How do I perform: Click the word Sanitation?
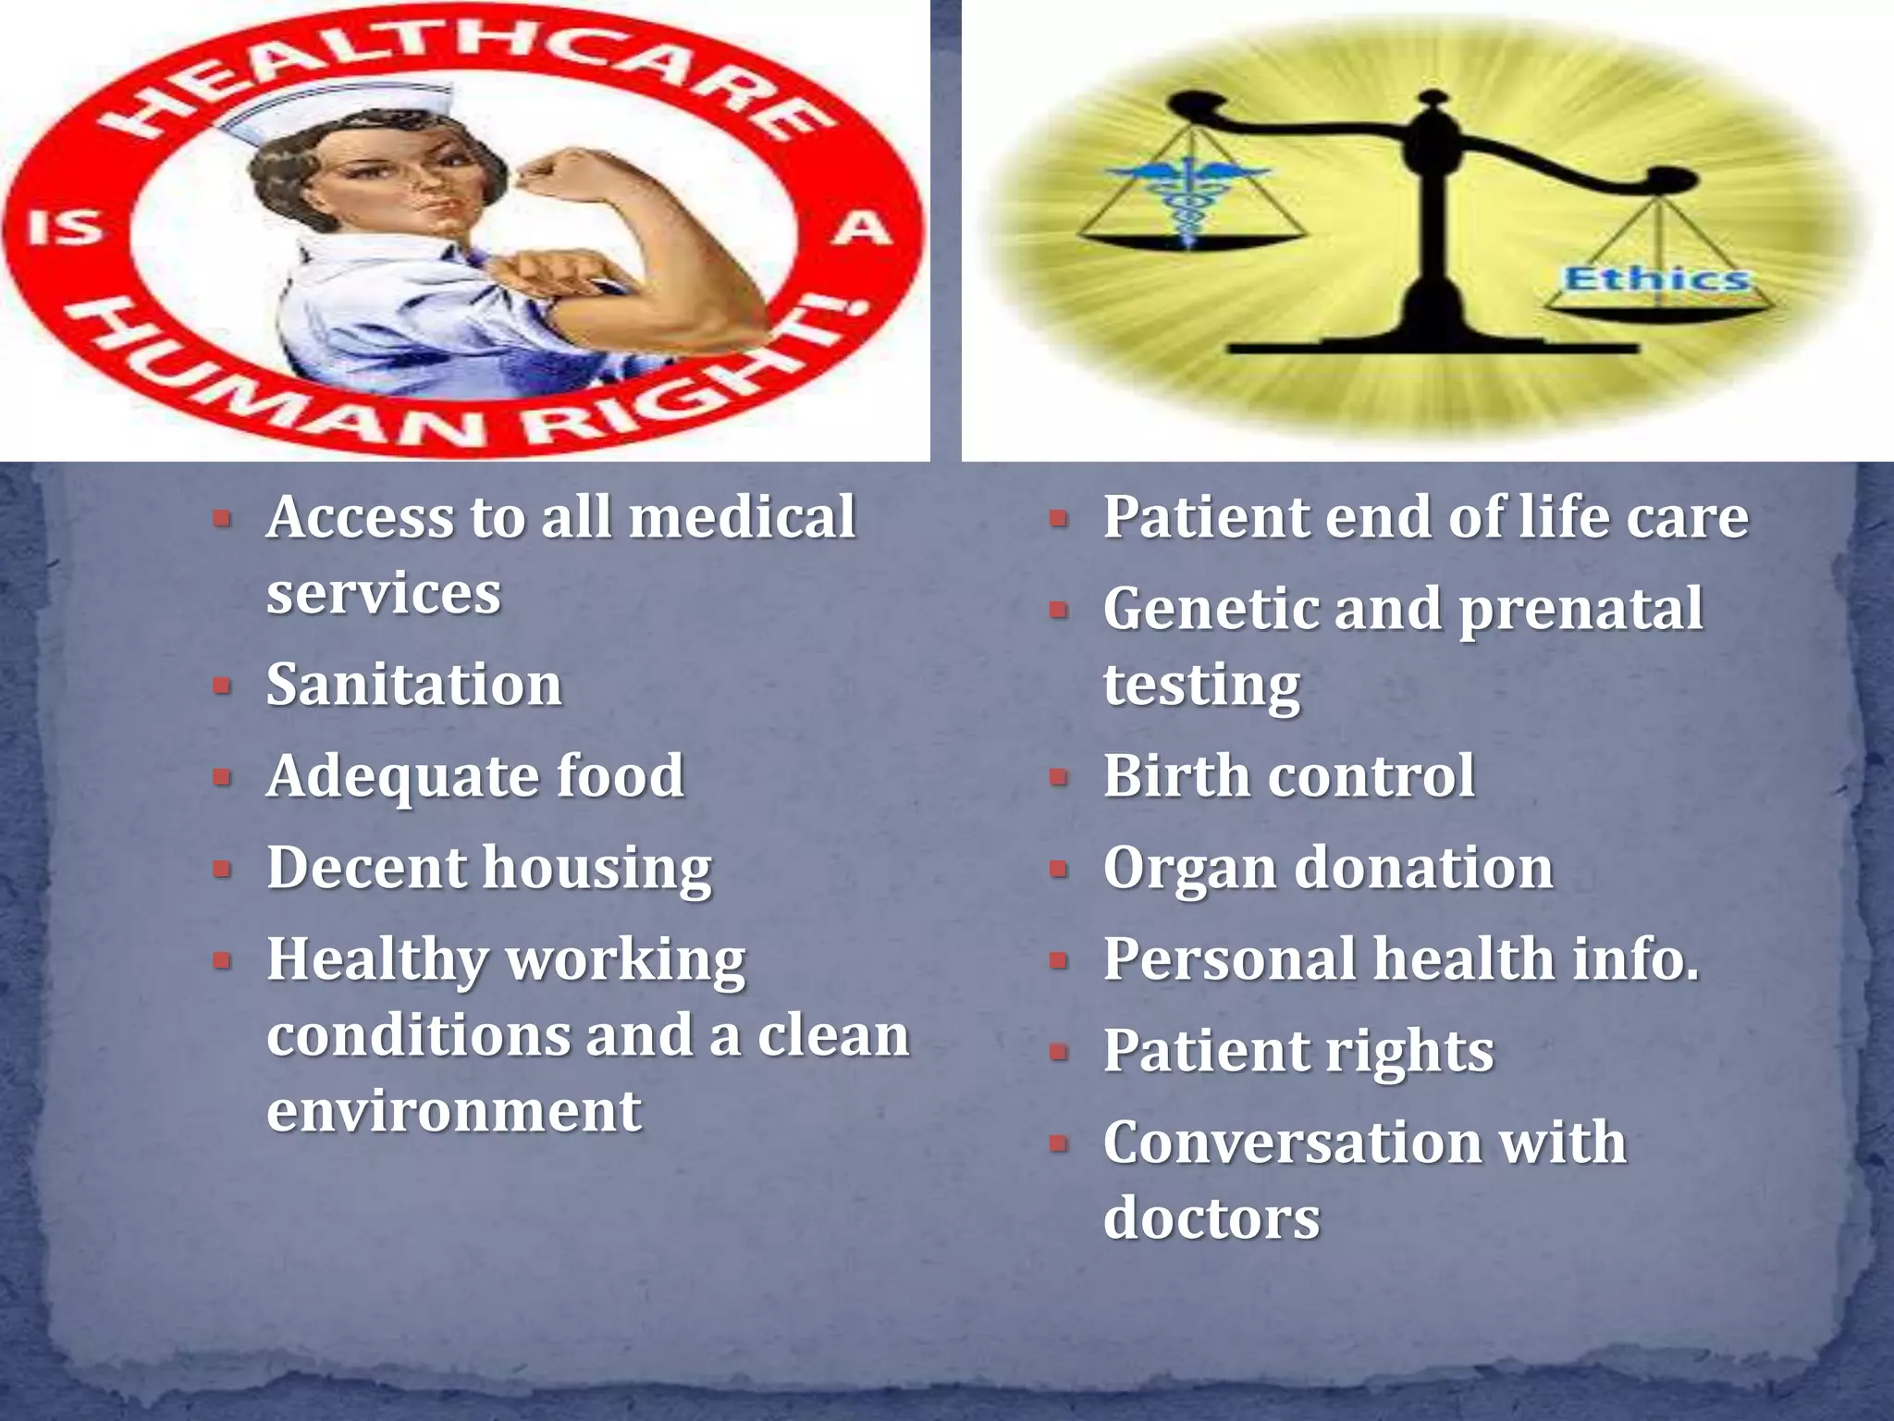click(413, 685)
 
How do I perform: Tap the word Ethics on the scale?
click(1655, 278)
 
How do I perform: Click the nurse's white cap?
click(333, 111)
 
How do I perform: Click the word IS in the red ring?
click(63, 227)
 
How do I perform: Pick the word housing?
click(597, 870)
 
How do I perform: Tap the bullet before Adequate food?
click(222, 776)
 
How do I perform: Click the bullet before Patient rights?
click(1059, 1052)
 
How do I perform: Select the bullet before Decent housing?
click(222, 869)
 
